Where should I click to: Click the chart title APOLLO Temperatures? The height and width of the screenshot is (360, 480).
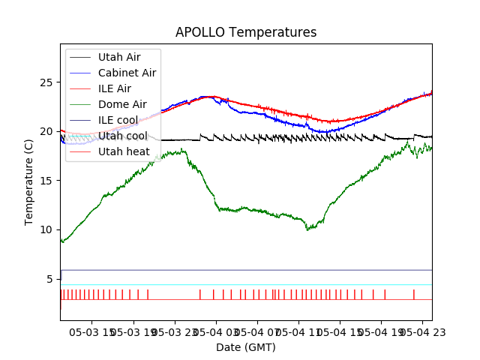click(246, 32)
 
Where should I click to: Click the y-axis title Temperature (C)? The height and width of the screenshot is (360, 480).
click(29, 182)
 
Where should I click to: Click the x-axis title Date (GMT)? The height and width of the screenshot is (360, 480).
click(246, 347)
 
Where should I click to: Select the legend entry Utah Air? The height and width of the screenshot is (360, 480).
click(118, 57)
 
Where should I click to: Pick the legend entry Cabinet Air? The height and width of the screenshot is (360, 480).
click(127, 73)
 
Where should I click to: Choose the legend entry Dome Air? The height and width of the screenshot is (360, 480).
click(122, 104)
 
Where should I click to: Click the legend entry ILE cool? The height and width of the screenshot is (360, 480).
click(118, 120)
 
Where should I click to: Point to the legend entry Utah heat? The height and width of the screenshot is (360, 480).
click(124, 151)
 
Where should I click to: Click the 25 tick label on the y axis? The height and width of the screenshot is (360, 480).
click(49, 82)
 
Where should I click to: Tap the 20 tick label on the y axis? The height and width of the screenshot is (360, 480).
click(49, 131)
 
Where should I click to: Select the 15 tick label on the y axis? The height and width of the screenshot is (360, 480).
click(49, 180)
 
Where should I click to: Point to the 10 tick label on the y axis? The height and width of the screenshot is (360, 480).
click(49, 229)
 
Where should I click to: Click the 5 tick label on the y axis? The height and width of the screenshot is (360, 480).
click(52, 278)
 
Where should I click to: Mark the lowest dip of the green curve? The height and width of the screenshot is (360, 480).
click(307, 229)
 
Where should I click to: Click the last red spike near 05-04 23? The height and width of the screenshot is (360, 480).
click(413, 294)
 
